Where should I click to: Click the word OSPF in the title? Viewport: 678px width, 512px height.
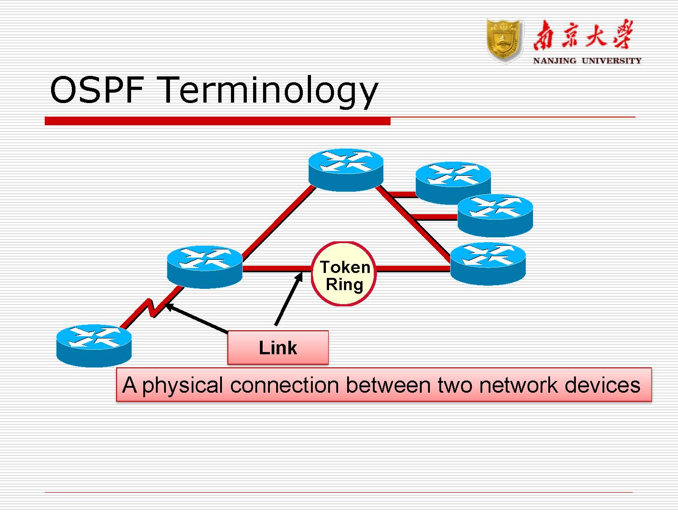click(x=97, y=89)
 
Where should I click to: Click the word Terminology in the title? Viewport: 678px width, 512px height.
click(x=268, y=90)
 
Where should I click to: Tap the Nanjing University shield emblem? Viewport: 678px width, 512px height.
click(x=504, y=40)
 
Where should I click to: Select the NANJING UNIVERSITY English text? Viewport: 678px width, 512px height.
click(x=587, y=61)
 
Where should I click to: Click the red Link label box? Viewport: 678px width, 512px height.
click(x=278, y=348)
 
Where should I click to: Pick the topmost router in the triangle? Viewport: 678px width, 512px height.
click(x=346, y=169)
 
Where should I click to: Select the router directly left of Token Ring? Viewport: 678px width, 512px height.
click(x=205, y=267)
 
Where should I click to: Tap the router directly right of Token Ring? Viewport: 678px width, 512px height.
click(x=488, y=263)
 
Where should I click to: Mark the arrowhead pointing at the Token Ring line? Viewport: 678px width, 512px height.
click(x=300, y=276)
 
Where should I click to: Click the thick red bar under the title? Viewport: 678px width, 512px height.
click(x=217, y=121)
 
